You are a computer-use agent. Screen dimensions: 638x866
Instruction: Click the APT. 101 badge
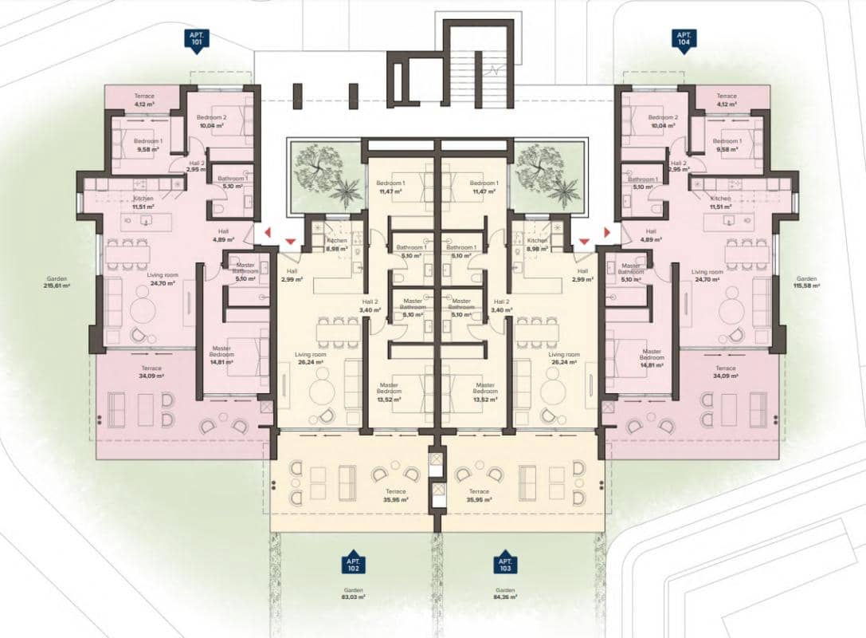[194, 40]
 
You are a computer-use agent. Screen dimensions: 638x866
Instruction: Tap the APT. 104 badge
[683, 40]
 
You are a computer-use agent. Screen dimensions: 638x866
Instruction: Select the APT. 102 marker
[353, 561]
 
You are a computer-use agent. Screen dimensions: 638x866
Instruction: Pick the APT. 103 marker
[503, 561]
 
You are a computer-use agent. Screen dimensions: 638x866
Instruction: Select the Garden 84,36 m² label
[503, 594]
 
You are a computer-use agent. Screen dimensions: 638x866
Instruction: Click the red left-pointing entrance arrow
[268, 232]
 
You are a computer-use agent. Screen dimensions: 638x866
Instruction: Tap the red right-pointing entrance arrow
[606, 232]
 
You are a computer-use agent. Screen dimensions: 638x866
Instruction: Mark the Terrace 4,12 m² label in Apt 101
[143, 100]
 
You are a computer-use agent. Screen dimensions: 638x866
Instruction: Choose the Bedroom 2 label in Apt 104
[662, 121]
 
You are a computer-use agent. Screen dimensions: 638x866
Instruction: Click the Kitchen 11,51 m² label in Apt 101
[143, 203]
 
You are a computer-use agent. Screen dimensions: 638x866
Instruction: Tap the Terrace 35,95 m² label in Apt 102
[396, 495]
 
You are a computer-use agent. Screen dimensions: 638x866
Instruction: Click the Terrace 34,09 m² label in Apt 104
[727, 372]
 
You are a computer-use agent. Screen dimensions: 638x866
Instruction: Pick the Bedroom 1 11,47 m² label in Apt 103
[484, 187]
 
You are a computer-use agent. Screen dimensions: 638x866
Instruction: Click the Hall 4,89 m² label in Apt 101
[221, 235]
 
